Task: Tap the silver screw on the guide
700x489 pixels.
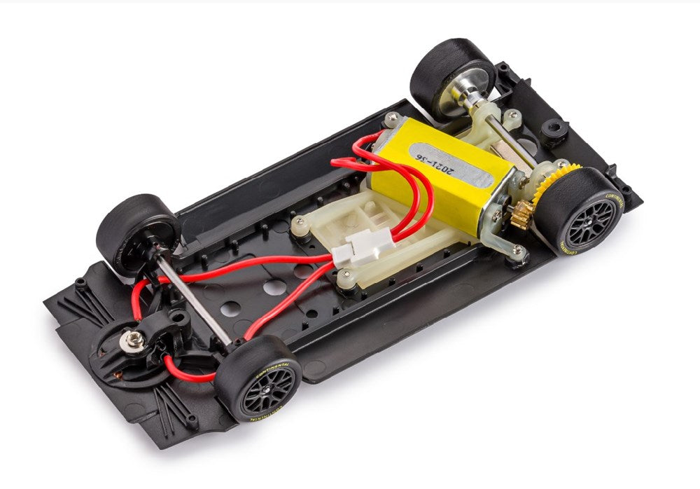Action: [133, 340]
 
